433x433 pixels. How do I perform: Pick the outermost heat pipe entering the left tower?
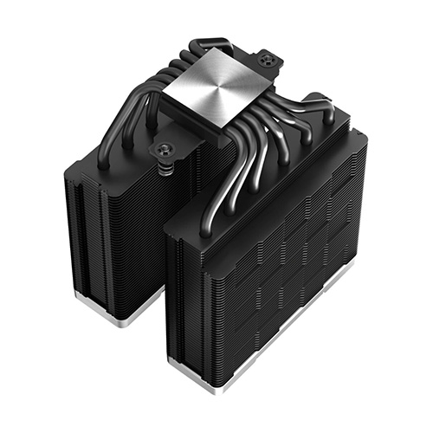(103, 156)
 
